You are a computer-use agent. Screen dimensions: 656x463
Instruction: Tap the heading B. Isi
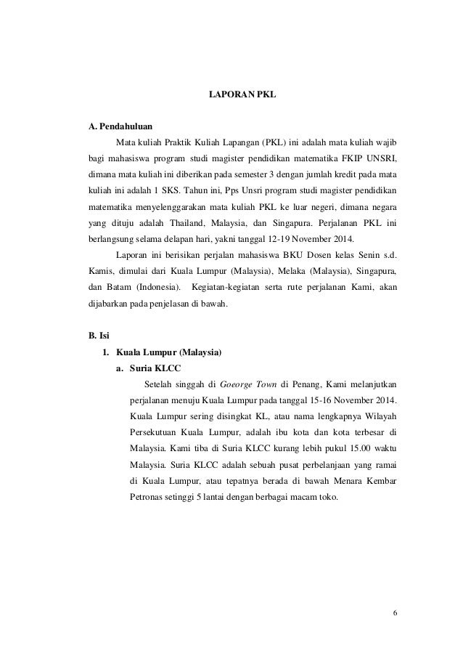pyautogui.click(x=98, y=336)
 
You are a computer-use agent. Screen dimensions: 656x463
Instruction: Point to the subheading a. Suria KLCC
pyautogui.click(x=149, y=368)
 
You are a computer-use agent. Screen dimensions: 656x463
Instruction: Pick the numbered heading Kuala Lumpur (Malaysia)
pyautogui.click(x=169, y=352)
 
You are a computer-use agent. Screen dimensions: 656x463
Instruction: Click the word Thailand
pyautogui.click(x=189, y=222)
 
